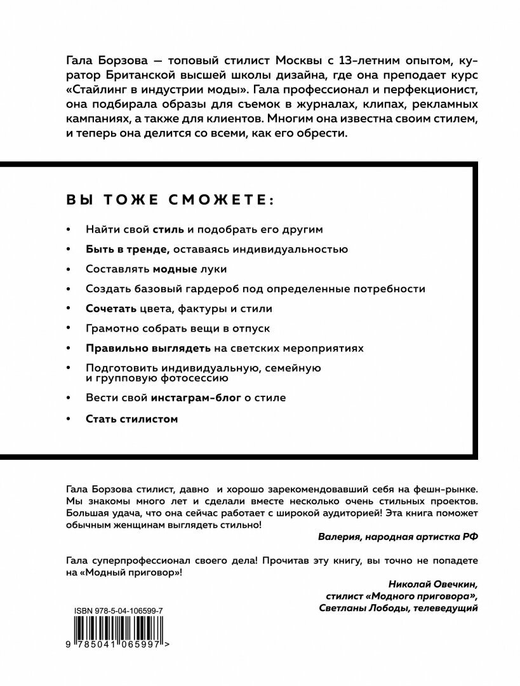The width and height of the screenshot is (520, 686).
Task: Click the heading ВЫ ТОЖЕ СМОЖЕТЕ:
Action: pyautogui.click(x=170, y=199)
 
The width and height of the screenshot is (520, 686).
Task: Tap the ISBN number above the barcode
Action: pyautogui.click(x=117, y=610)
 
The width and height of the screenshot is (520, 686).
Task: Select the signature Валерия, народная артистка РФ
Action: pyautogui.click(x=397, y=535)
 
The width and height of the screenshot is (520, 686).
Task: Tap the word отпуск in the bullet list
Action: pyautogui.click(x=251, y=328)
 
